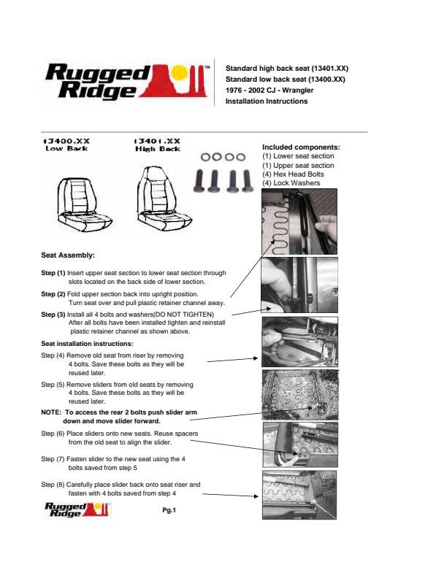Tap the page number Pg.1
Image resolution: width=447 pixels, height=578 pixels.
pos(169,510)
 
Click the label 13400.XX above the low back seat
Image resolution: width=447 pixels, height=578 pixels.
pos(66,140)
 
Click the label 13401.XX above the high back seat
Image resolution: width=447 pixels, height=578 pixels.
pos(157,140)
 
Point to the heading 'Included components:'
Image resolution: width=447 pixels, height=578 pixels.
pos(301,147)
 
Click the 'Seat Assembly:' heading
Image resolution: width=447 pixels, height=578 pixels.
pos(68,255)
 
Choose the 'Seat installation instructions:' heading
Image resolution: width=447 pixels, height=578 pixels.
pos(87,343)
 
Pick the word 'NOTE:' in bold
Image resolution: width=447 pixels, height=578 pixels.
pos(53,412)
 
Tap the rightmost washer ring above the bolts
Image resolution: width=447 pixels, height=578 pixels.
pos(240,156)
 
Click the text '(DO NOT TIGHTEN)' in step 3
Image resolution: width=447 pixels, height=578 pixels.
pos(177,314)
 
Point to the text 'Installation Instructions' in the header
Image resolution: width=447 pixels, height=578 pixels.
pos(267,101)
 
